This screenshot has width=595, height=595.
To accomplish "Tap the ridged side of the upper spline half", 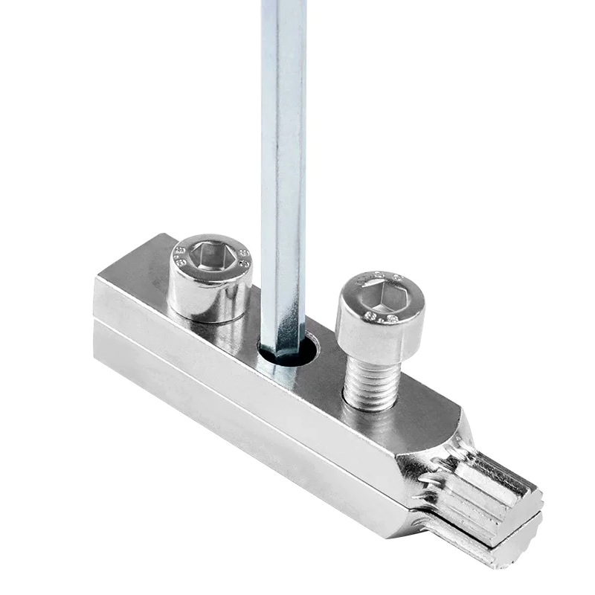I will click(476, 487).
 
